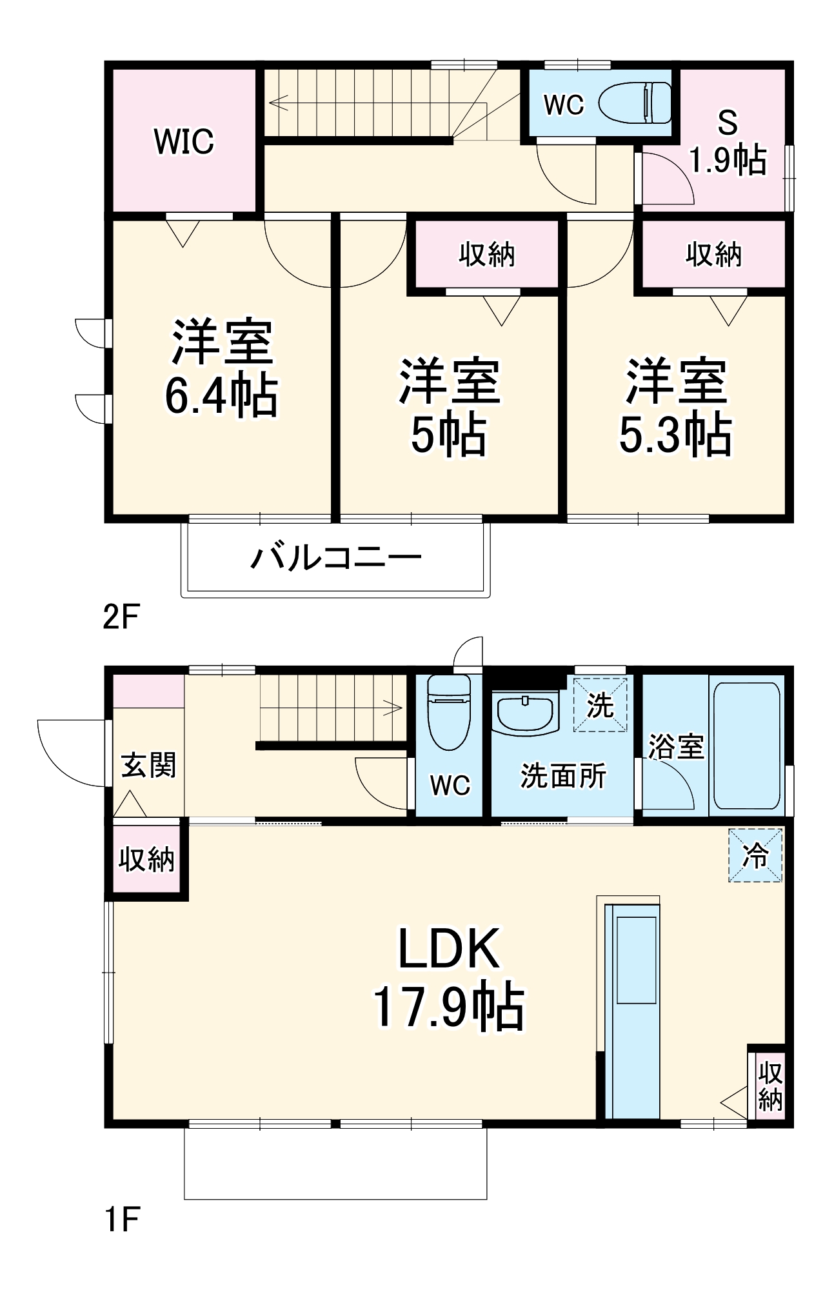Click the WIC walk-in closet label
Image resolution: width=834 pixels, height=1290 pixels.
[x=184, y=141]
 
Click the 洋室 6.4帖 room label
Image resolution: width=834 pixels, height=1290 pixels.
[x=221, y=369]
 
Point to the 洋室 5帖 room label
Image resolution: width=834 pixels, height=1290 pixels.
[x=449, y=407]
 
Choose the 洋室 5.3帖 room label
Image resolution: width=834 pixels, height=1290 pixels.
[x=675, y=407]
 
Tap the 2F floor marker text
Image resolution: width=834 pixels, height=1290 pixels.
[x=121, y=617]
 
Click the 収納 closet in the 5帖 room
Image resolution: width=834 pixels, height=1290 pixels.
[x=487, y=255]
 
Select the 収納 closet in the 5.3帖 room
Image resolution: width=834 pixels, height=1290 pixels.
[x=713, y=255]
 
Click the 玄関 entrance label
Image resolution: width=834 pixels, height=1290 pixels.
[x=149, y=766]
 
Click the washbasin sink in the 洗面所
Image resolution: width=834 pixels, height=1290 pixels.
[x=525, y=713]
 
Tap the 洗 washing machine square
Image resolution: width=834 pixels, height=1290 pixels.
[x=600, y=705]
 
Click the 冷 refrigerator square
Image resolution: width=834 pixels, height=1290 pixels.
[x=755, y=855]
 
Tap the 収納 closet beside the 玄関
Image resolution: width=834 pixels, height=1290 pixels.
[x=146, y=859]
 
